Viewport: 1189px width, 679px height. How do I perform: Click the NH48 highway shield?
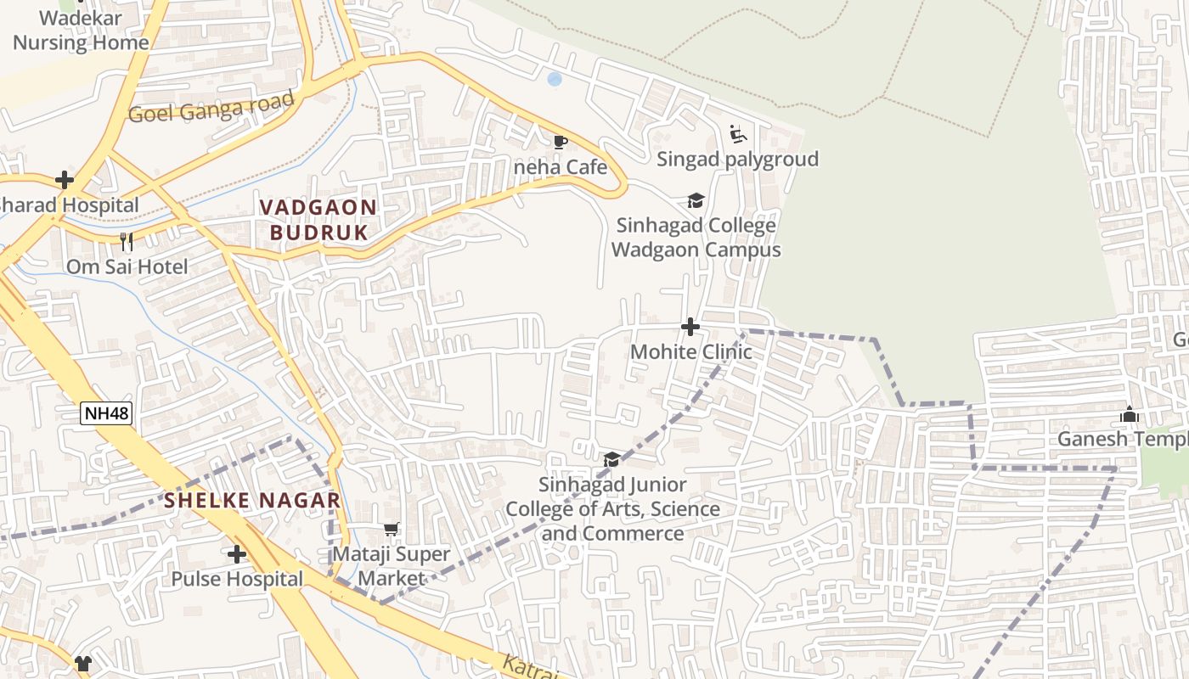point(107,413)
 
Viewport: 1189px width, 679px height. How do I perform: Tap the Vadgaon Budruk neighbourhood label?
point(318,220)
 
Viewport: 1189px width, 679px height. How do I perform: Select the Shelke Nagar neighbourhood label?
point(252,500)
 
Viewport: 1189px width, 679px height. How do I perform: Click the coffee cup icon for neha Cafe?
point(560,142)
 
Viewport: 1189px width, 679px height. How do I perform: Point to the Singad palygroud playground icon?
point(737,134)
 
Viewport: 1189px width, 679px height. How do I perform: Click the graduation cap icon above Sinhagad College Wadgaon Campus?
point(696,201)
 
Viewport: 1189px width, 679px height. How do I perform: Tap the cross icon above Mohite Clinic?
point(690,327)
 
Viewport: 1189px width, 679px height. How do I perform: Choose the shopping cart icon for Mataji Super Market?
point(391,530)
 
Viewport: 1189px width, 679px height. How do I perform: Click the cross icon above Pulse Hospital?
point(237,554)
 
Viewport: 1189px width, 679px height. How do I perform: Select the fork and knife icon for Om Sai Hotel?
point(127,242)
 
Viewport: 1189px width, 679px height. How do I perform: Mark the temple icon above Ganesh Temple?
point(1129,414)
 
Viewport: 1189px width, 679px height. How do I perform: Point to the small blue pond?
point(555,79)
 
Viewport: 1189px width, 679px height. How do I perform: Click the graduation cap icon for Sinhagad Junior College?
point(611,460)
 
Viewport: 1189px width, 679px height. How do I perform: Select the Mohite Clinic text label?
point(690,351)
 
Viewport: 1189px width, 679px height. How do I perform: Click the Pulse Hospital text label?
point(237,579)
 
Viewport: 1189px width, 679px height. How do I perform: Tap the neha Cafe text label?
point(561,167)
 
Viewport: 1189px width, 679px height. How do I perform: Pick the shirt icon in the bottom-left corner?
point(82,663)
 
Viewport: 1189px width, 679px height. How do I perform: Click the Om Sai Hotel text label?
point(127,267)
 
